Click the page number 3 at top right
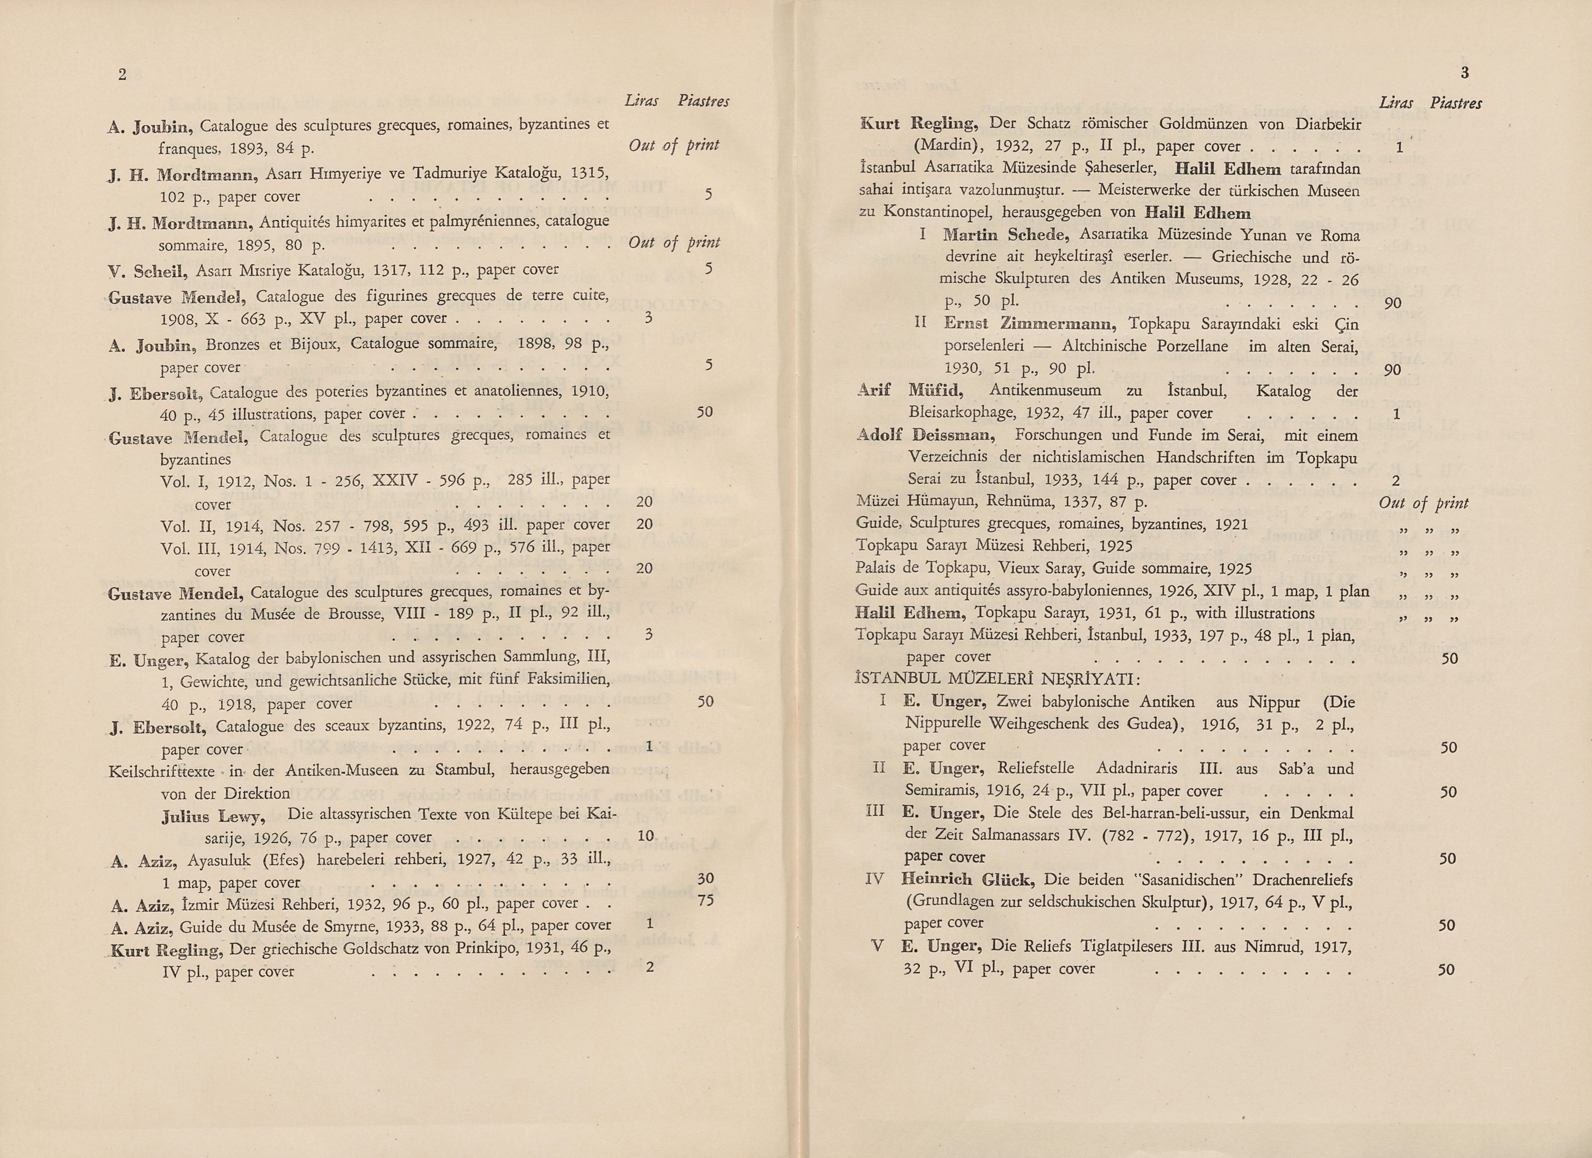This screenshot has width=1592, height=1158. pyautogui.click(x=1464, y=72)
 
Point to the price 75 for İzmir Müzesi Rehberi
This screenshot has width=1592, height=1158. pyautogui.click(x=705, y=900)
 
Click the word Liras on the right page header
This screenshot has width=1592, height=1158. pyautogui.click(x=1396, y=103)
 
